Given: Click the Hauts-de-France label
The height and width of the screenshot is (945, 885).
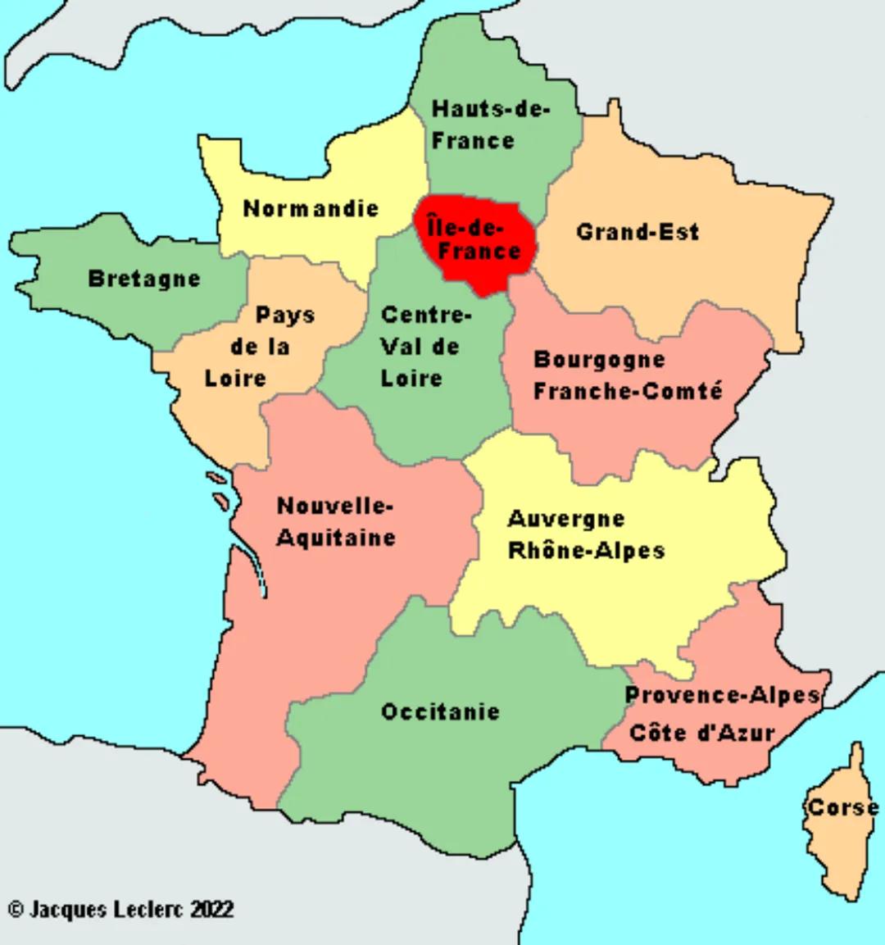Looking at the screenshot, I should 490,125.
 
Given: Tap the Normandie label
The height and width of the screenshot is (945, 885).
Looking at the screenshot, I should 311,208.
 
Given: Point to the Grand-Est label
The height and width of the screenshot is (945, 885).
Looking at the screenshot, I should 638,232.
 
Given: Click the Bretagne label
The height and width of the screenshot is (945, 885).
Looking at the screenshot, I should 144,279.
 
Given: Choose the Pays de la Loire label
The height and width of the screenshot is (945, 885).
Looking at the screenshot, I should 260,347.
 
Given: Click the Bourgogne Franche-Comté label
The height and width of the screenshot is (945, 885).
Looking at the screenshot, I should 628,375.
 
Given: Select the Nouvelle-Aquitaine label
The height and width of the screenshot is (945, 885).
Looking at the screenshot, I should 336,521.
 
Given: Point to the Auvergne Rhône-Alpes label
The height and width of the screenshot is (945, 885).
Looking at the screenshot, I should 585,534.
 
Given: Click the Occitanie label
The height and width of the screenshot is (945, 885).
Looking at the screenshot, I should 440,711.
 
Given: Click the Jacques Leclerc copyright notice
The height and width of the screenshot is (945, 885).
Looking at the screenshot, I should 120,909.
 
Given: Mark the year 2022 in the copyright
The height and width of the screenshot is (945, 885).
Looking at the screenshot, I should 212,909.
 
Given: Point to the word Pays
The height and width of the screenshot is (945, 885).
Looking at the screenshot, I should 285,316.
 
